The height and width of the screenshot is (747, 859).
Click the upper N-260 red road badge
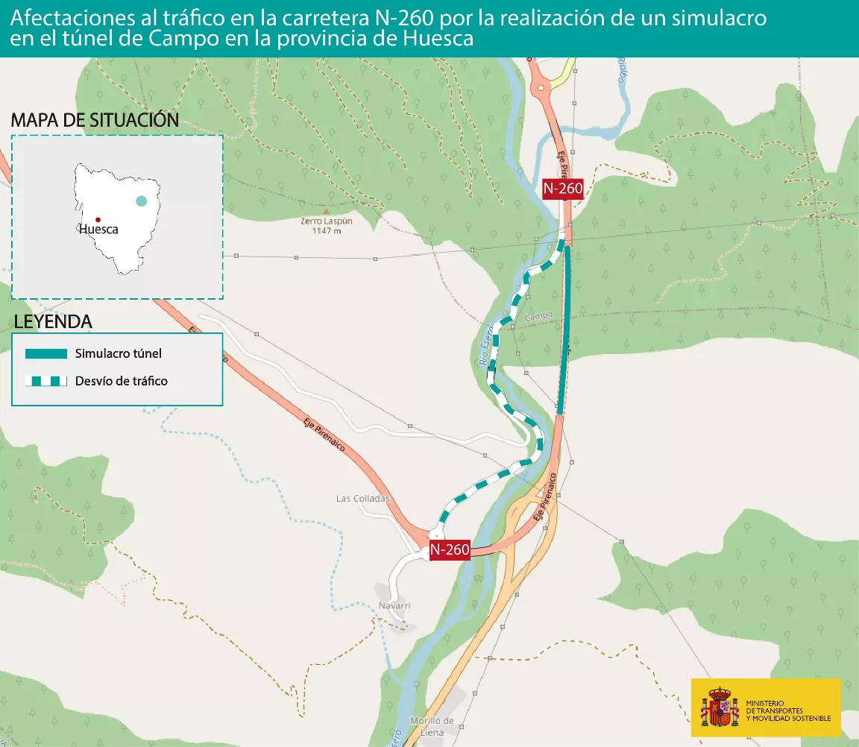pos(563,189)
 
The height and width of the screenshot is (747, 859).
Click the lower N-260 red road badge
pos(450,550)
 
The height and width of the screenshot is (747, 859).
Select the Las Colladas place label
pos(363,499)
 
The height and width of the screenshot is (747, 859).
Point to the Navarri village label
pos(394,605)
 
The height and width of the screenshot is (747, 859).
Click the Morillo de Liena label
pos(432,726)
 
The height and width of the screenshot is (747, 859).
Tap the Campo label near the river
pos(538,316)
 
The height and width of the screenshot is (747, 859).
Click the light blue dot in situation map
pos(141,201)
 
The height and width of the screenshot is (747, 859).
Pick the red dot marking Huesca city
pos(98,219)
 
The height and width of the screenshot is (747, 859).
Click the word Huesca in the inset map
pos(98,230)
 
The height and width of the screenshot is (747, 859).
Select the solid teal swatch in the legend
pos(46,353)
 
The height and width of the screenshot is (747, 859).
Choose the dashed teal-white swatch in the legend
pos(46,381)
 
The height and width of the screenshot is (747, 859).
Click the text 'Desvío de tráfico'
pos(122,381)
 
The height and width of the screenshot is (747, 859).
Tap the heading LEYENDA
pos(53,322)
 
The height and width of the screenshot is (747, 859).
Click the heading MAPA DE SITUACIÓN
pos(95,120)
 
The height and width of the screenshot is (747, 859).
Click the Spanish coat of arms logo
pos(719,707)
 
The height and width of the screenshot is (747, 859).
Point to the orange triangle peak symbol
pos(326,212)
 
